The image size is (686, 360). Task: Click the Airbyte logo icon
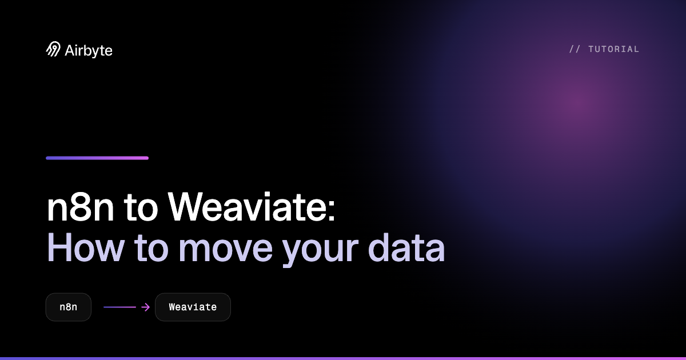click(x=53, y=49)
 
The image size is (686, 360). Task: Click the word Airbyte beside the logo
click(x=89, y=51)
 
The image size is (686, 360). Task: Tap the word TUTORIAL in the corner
click(x=614, y=49)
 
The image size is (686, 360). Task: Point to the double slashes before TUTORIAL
click(x=575, y=49)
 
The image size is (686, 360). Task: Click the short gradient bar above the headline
click(x=97, y=158)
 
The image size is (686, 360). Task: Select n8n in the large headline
click(x=80, y=207)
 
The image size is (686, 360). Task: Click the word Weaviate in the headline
click(x=247, y=206)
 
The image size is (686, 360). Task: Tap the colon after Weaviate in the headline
click(x=332, y=211)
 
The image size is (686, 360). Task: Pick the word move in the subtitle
click(x=225, y=250)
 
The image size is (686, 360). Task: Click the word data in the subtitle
click(x=406, y=247)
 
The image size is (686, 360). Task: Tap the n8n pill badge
click(x=68, y=307)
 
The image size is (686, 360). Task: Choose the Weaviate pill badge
click(x=193, y=307)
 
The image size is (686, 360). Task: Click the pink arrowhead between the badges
click(x=146, y=307)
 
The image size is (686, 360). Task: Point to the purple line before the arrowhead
click(x=119, y=307)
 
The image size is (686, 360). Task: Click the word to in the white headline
click(x=141, y=208)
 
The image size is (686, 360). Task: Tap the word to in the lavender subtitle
click(x=151, y=249)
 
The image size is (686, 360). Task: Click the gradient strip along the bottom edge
click(x=343, y=358)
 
